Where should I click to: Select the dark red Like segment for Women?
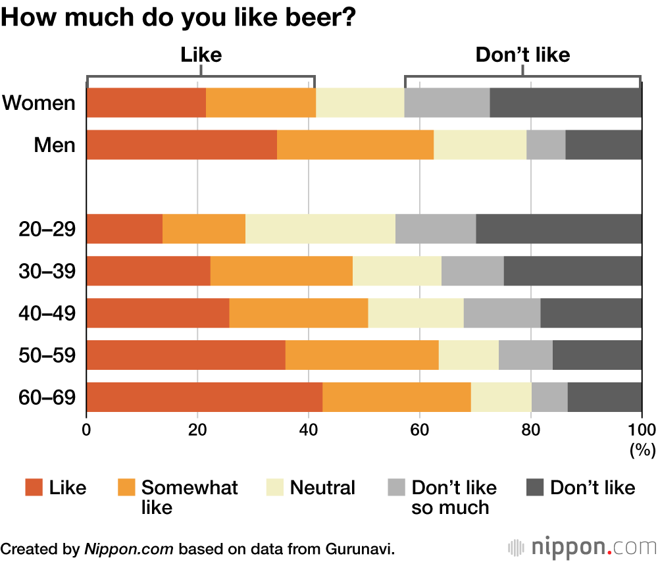coord(146,103)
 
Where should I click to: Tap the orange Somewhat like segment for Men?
coord(355,145)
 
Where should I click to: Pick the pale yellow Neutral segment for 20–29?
coord(320,229)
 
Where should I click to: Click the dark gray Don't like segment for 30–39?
coord(572,271)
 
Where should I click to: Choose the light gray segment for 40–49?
coord(502,313)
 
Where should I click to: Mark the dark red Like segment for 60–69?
coord(205,397)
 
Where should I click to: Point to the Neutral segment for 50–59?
coord(468,355)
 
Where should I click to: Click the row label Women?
coord(39,103)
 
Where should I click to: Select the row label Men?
coord(55,145)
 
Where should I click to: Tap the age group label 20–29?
coord(47,229)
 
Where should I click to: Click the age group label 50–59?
coord(47,355)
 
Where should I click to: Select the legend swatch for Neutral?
coord(275,488)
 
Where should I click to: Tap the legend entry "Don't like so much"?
coord(454,498)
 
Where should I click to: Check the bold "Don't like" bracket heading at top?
coord(522,55)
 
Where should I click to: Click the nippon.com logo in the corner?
coord(582,547)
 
